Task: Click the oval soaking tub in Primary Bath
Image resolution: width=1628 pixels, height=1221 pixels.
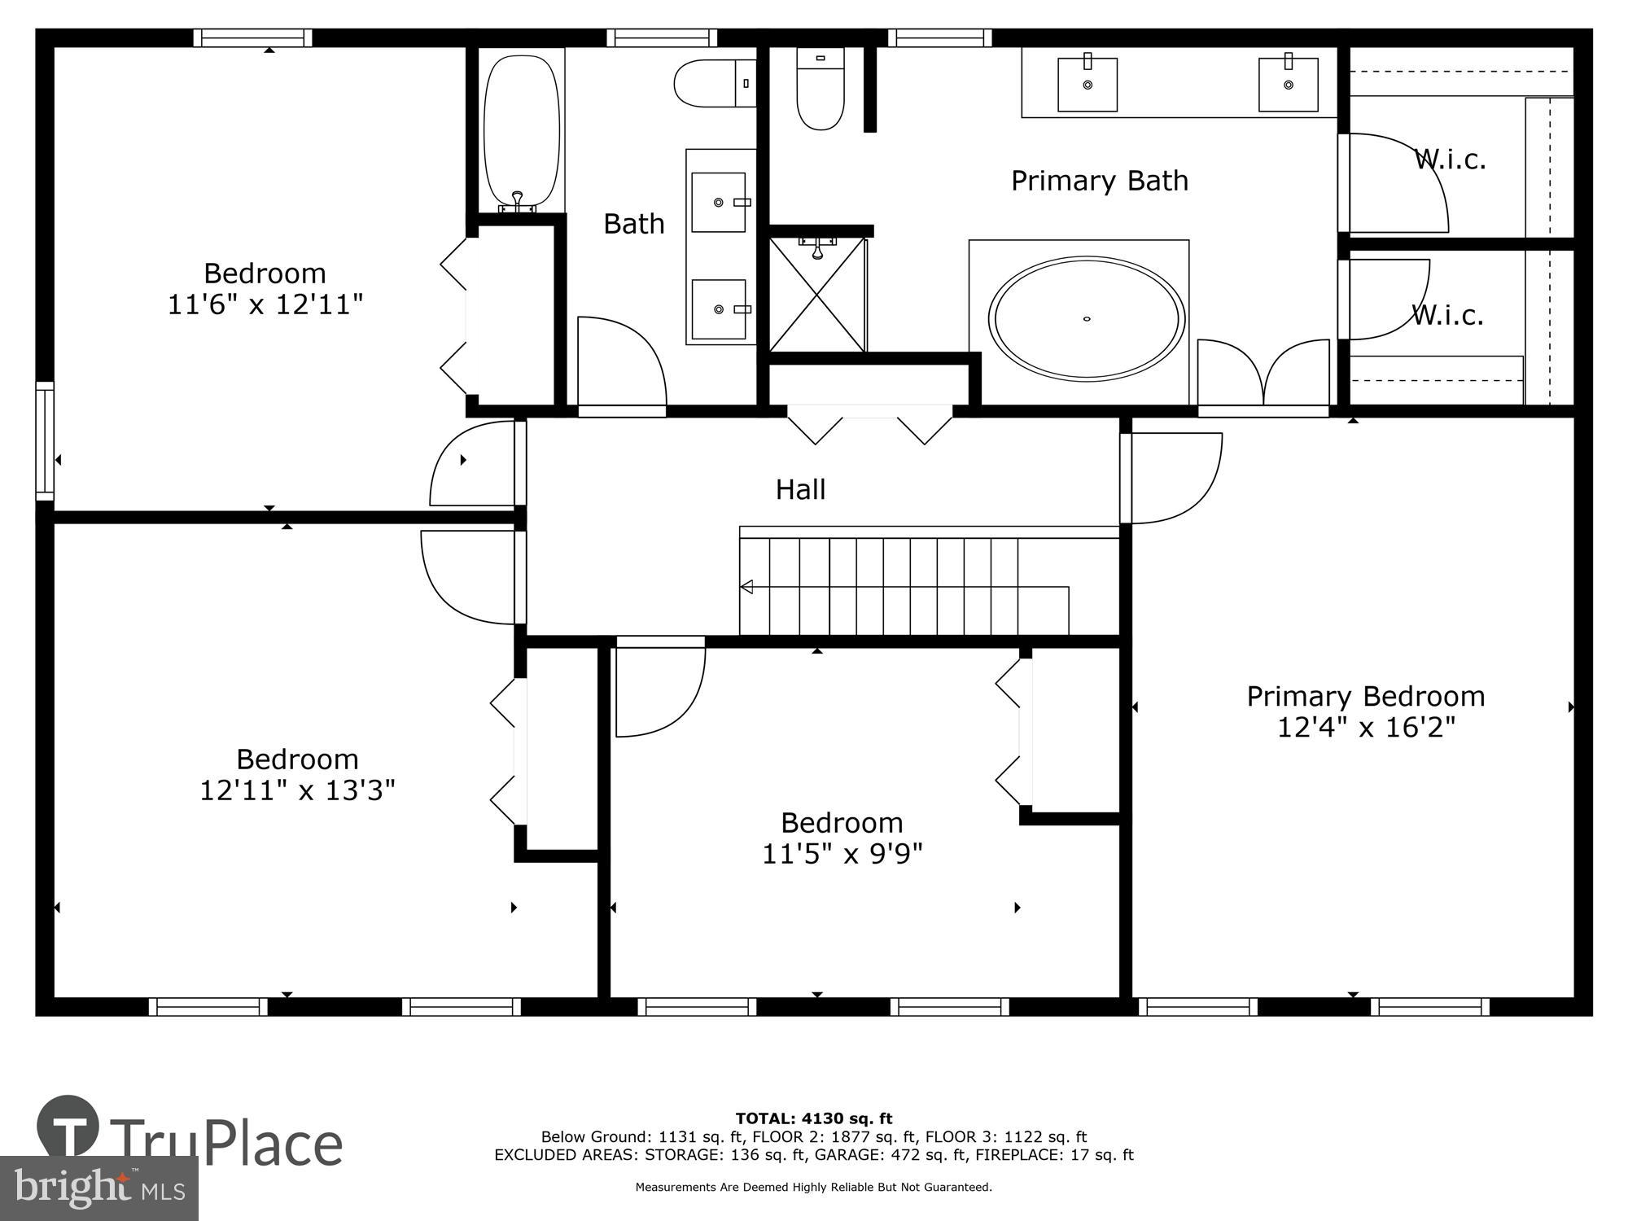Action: (1086, 318)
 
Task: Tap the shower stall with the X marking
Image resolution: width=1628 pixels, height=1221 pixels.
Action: (816, 295)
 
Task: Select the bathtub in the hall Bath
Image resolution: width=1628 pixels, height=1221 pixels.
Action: (522, 130)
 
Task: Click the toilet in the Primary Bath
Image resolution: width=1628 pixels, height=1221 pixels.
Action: (820, 90)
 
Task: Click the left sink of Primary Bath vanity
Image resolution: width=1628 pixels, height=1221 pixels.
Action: (1087, 84)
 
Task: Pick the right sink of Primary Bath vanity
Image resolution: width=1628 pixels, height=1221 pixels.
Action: (1288, 84)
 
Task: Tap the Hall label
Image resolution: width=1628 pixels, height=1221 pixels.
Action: (800, 489)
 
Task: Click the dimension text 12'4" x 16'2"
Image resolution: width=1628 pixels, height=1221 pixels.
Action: (1365, 727)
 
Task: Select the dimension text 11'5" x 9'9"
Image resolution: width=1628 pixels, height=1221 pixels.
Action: (842, 854)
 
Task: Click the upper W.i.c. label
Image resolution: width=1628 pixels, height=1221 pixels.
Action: (1450, 160)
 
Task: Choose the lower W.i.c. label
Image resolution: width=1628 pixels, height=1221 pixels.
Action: (1447, 315)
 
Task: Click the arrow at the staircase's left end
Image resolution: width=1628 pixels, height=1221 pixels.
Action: (746, 586)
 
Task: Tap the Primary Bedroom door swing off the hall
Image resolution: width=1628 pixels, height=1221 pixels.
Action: (1172, 478)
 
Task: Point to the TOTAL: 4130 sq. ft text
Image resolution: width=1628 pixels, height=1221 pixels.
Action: (813, 1118)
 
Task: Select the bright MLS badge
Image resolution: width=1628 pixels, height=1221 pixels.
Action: (98, 1188)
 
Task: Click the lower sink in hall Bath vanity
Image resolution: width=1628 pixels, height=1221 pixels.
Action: (718, 309)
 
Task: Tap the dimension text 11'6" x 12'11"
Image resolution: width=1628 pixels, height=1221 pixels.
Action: (265, 304)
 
